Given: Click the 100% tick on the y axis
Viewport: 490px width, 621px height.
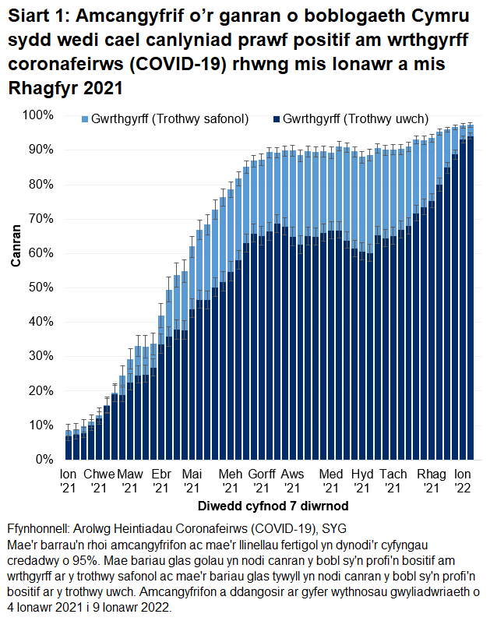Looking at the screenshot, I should [37, 115].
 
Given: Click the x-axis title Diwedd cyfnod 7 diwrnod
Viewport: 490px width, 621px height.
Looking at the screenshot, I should [267, 506].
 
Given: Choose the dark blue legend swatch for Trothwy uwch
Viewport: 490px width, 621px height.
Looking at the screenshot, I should [275, 119].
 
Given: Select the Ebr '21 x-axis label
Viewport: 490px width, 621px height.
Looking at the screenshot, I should [160, 481].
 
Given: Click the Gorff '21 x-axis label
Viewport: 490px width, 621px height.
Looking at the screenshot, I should [263, 481].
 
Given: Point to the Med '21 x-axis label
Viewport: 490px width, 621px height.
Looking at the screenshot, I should [331, 481].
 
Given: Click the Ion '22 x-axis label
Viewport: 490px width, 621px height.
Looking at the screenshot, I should [463, 481].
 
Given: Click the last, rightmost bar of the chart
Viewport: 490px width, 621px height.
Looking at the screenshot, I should [471, 296].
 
